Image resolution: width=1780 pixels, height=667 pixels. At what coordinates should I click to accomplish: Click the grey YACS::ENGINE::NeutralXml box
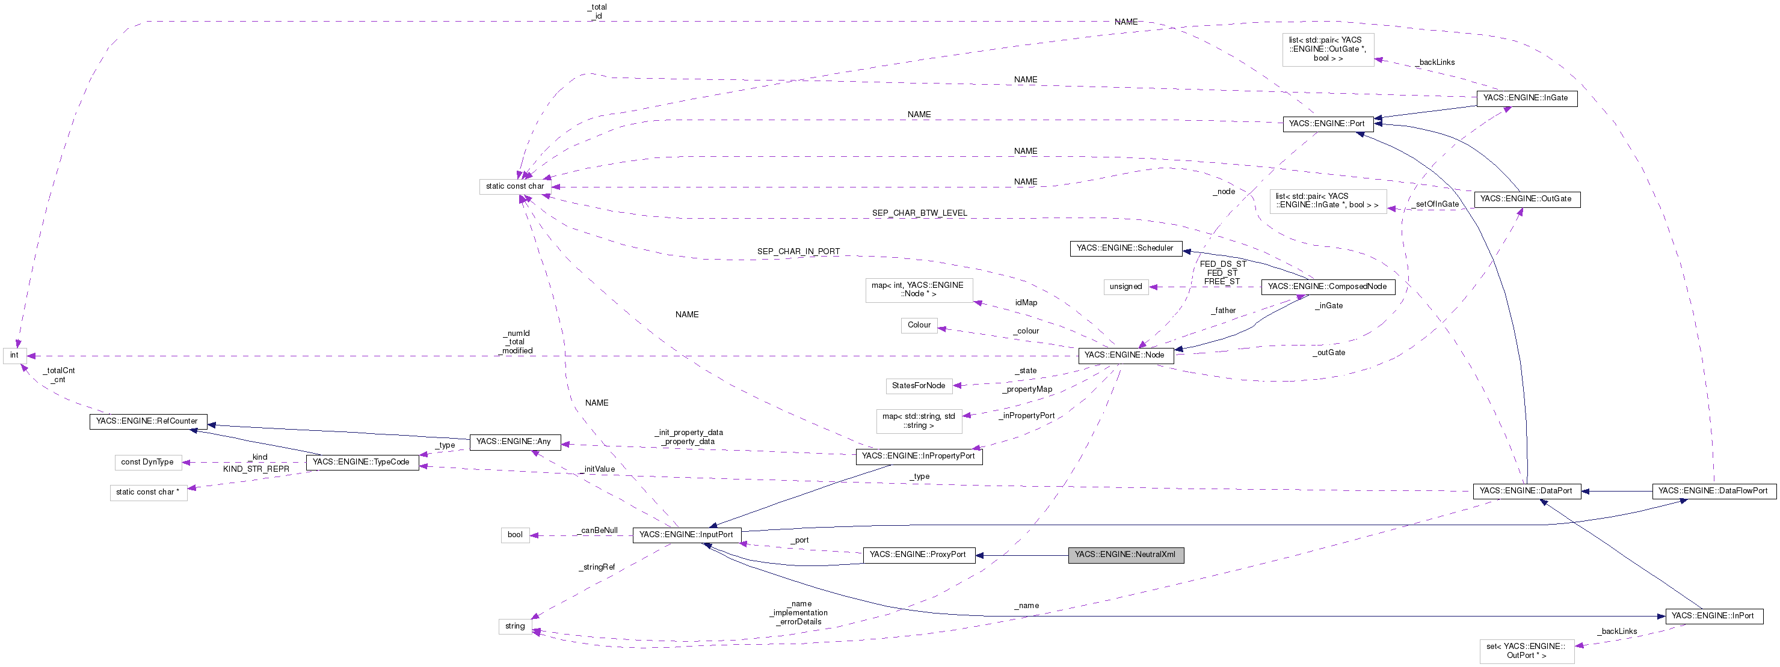tap(1125, 555)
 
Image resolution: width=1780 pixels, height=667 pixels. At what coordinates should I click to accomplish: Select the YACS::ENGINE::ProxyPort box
tap(919, 555)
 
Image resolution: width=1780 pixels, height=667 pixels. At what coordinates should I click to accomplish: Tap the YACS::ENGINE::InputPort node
tap(686, 534)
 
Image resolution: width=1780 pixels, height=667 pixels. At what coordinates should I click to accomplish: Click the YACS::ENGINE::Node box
tap(1125, 355)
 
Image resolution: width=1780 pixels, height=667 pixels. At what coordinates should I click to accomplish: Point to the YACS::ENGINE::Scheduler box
tap(1125, 248)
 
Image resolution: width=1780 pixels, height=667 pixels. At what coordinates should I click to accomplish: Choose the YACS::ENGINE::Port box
tap(1326, 124)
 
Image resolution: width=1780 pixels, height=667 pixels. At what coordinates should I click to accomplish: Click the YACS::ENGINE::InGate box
tap(1526, 98)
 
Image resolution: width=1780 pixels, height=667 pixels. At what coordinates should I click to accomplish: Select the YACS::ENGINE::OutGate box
tap(1526, 199)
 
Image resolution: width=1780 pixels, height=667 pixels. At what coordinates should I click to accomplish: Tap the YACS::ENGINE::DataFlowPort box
tap(1713, 491)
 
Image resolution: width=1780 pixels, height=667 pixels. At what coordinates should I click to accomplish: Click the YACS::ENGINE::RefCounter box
tap(147, 421)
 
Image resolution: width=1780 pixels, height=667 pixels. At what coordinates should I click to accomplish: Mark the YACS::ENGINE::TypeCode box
tap(362, 462)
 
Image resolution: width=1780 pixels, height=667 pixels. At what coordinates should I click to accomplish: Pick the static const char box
tap(515, 186)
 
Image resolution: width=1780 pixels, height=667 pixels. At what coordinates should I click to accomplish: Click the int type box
tap(14, 355)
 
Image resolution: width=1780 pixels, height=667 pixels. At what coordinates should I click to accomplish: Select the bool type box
tap(515, 534)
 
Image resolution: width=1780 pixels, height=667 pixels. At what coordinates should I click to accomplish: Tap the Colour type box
tap(919, 325)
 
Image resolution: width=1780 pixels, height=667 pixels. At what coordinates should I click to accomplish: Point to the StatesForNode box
tap(919, 386)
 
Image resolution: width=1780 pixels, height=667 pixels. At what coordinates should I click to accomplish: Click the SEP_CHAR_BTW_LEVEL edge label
tap(919, 213)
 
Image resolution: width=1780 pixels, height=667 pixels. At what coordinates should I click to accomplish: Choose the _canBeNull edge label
tap(599, 530)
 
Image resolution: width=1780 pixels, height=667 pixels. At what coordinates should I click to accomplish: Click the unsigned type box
tap(1126, 287)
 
